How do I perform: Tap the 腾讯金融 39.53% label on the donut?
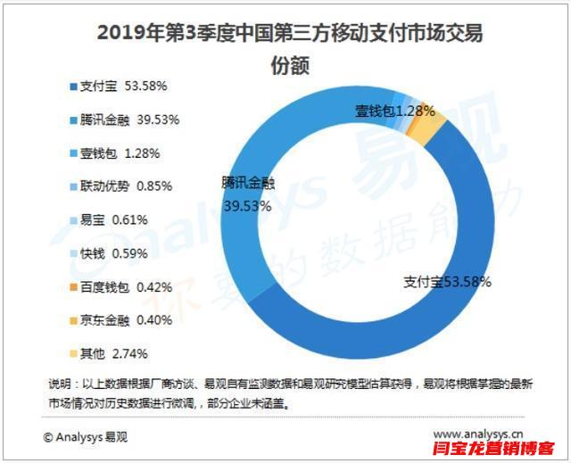click(x=248, y=194)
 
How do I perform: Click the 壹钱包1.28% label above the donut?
click(x=394, y=112)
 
